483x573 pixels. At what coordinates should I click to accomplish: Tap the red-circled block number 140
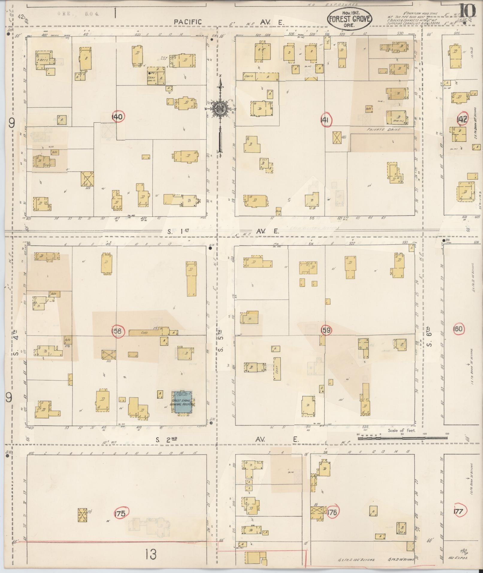(117, 117)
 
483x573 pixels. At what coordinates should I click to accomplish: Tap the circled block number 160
(458, 329)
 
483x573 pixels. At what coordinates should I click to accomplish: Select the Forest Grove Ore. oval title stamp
(349, 19)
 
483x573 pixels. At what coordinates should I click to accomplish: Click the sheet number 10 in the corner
(467, 11)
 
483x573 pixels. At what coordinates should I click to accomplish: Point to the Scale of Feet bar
(402, 438)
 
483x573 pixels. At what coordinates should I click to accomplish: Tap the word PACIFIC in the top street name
(188, 22)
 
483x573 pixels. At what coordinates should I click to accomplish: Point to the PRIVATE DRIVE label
(383, 130)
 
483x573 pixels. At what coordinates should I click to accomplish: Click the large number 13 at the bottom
(151, 555)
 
